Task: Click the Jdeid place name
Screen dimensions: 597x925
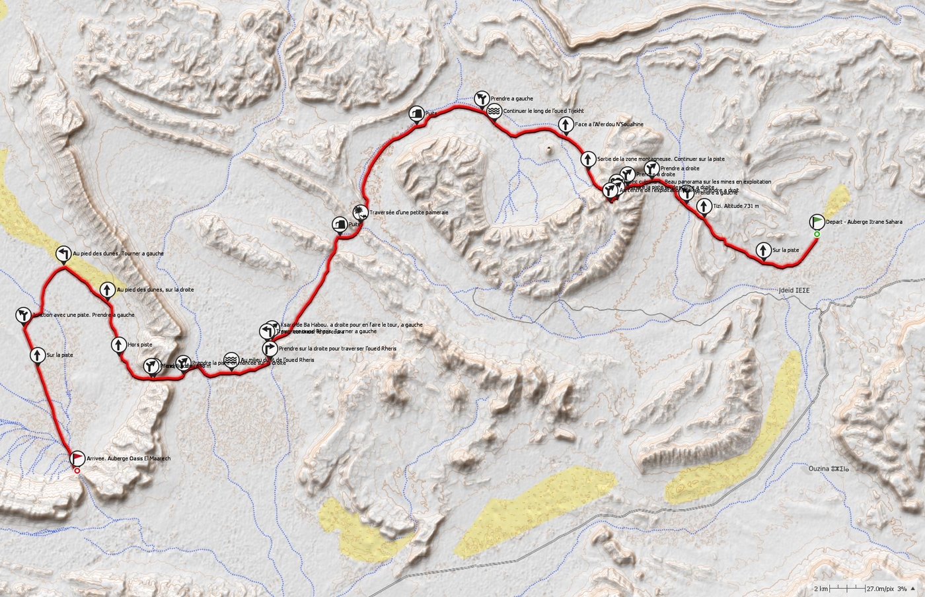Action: pos(793,290)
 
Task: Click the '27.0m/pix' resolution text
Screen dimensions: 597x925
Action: pos(880,588)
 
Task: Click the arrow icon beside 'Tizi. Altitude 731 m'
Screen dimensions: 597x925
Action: pos(704,207)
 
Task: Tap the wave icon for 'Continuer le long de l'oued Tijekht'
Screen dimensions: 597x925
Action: pos(494,112)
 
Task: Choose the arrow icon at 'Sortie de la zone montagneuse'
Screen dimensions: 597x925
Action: pos(587,159)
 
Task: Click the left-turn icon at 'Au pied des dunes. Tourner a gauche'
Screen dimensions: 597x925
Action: pos(63,254)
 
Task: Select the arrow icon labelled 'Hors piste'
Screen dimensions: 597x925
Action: pos(119,344)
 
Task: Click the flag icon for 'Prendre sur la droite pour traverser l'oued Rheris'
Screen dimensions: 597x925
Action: pos(269,348)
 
